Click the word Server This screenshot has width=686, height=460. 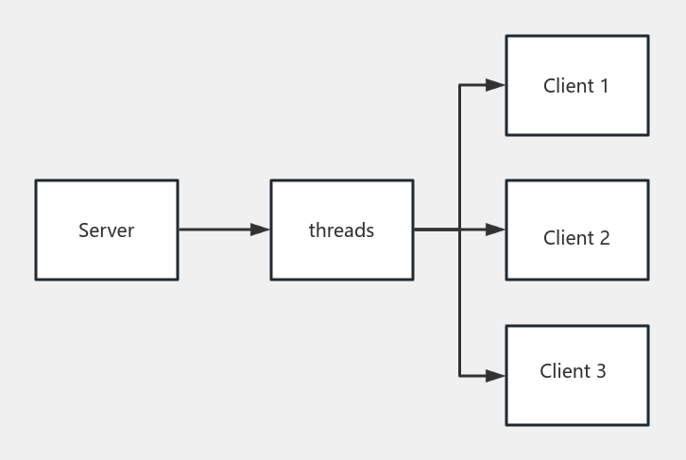[x=106, y=230]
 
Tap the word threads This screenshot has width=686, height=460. [x=341, y=230]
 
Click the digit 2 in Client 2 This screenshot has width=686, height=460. [x=604, y=238]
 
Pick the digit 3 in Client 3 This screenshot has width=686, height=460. [x=600, y=371]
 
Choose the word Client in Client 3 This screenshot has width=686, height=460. [x=560, y=371]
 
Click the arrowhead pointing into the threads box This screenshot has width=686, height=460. [x=260, y=230]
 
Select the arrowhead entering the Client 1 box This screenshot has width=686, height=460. [x=495, y=85]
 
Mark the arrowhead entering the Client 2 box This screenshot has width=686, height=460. [x=495, y=230]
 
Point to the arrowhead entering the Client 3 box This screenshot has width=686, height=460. [x=495, y=376]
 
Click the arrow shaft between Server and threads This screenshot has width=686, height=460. [x=214, y=230]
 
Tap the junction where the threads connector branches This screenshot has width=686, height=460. [x=459, y=230]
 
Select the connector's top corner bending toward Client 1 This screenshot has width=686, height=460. [x=459, y=85]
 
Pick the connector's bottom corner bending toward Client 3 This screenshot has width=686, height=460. [x=459, y=376]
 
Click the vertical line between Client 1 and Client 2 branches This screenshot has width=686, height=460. [x=459, y=157]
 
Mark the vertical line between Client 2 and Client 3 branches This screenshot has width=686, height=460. [x=459, y=302]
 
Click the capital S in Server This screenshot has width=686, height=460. [x=83, y=230]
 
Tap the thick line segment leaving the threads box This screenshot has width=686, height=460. [x=436, y=230]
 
